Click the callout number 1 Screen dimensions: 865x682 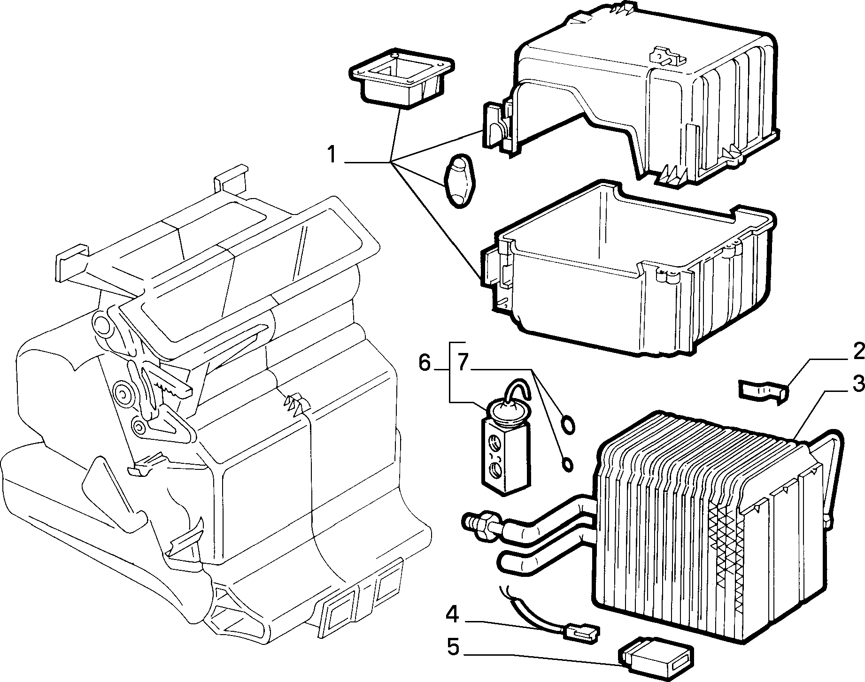332,154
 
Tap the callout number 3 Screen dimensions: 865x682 857,384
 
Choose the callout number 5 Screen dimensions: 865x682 452,647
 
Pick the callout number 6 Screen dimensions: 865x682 424,364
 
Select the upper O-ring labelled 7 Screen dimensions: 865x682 568,424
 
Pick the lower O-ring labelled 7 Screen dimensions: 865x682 568,465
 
